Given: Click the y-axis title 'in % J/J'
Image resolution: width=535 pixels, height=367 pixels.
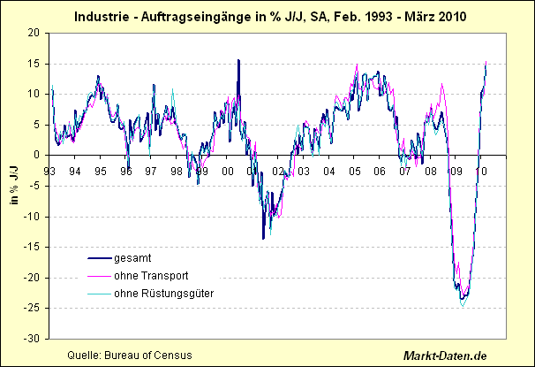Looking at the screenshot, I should click(x=12, y=184).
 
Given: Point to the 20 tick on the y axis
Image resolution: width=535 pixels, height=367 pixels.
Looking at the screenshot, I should click(x=34, y=33).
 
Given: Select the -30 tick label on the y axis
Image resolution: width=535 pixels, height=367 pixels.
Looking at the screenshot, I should click(x=32, y=339).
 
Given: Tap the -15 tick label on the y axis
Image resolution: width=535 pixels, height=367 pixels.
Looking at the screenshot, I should click(x=32, y=247).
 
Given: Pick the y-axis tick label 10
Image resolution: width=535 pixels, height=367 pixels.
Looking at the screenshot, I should click(x=34, y=94).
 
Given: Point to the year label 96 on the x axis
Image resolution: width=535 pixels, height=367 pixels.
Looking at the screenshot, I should click(x=126, y=171).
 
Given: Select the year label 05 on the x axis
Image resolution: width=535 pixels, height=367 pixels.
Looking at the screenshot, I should click(x=354, y=171).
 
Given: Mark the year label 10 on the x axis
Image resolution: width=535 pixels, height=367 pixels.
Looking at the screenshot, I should click(x=481, y=171).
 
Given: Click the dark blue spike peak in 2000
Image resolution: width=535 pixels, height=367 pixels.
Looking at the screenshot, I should click(x=238, y=60).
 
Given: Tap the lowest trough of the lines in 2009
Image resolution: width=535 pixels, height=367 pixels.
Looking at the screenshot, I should click(x=463, y=306).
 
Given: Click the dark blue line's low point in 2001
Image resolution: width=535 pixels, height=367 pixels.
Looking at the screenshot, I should click(x=263, y=238).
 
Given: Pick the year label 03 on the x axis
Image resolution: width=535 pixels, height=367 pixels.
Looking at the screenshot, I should click(x=304, y=171).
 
